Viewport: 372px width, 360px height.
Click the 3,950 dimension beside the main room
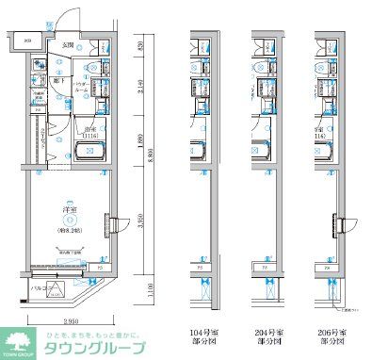[137, 221]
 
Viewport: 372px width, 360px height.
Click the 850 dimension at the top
[137, 47]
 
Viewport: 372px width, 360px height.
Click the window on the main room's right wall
[112, 223]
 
